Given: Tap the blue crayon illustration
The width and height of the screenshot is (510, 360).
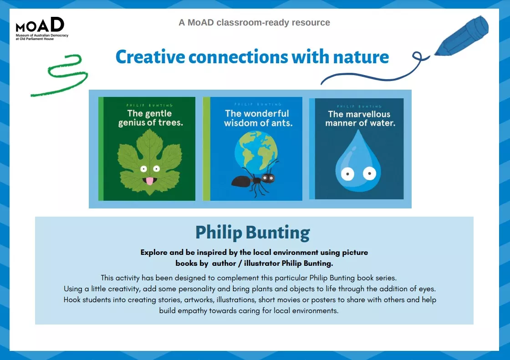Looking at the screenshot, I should click(461, 37).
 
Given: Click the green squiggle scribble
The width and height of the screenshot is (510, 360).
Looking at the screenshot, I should click(61, 76).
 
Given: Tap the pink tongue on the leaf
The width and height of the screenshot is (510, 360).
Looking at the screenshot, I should click(149, 182).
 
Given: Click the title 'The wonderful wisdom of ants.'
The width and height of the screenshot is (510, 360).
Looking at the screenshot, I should click(257, 118).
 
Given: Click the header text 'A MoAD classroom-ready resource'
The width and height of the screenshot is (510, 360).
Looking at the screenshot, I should click(254, 22).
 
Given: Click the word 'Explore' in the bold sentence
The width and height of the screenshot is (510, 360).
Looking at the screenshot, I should click(155, 252).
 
